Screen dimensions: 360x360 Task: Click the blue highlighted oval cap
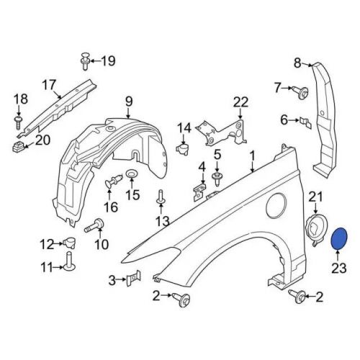pos(338,239)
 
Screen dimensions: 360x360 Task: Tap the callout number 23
pos(339,268)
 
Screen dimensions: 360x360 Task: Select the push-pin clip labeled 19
pos(85,61)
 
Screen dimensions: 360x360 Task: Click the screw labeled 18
pos(19,122)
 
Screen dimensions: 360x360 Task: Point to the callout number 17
pos(49,85)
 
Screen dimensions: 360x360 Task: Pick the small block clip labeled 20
pos(18,147)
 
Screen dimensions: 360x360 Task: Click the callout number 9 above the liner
pos(129,102)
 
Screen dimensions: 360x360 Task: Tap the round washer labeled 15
pos(131,174)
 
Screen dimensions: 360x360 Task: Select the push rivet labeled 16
pos(114,181)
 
